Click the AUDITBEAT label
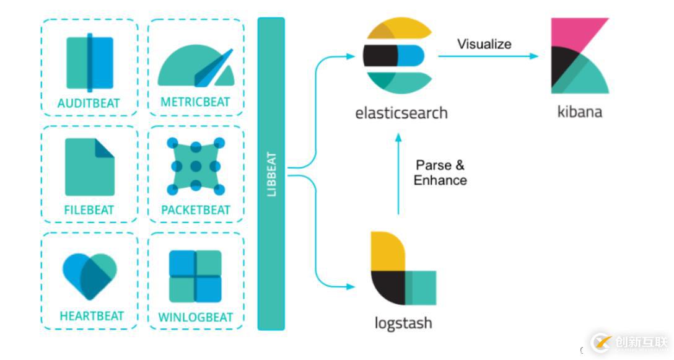pos(89,103)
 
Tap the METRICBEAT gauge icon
pos(195,66)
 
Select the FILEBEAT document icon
pos(90,167)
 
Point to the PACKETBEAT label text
pos(196,210)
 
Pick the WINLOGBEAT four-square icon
pos(195,276)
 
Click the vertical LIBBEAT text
pos(271,174)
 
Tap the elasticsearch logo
pos(394,56)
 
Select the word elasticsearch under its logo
pos(401,113)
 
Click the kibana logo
pos(579,56)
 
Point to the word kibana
pos(579,112)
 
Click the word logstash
pos(403,323)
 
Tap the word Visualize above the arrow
pos(484,43)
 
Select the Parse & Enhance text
pos(440,173)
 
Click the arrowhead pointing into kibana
pos(534,56)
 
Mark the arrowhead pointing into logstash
pos(351,287)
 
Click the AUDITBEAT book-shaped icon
pos(90,63)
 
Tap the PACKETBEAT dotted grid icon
pos(195,166)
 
